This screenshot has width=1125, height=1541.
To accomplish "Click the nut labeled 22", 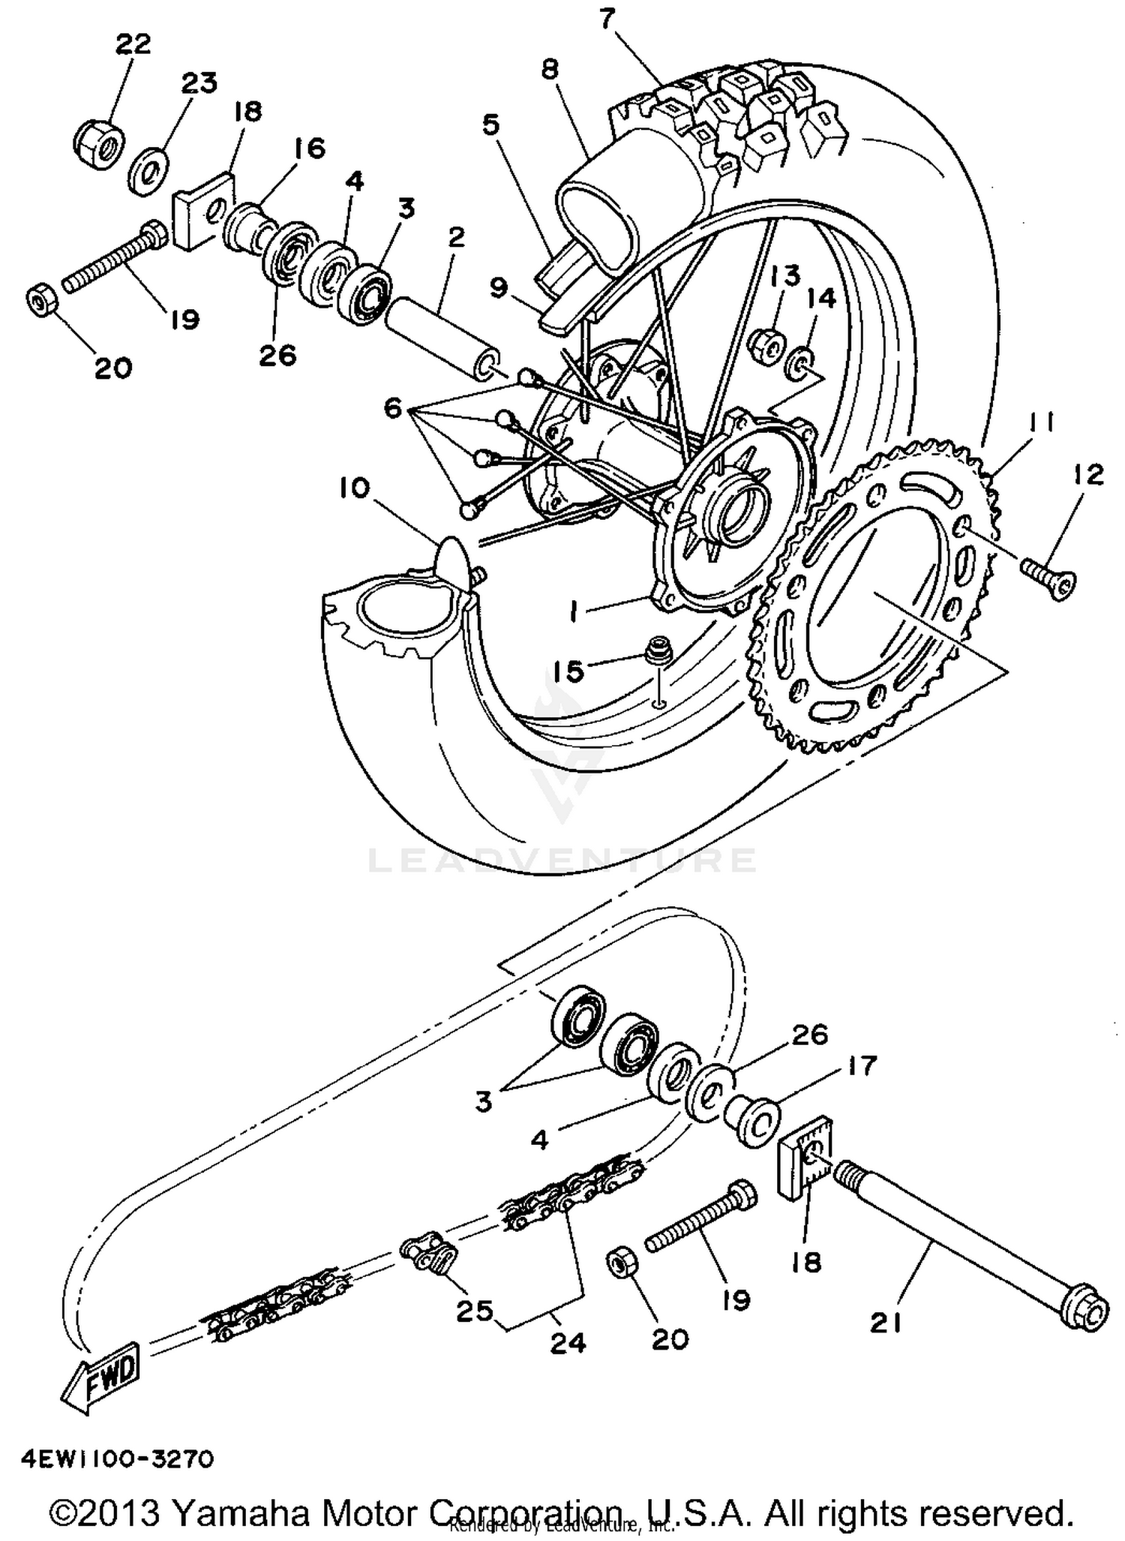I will point(99,142).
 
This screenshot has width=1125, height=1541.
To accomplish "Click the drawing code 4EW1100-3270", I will point(118,1459).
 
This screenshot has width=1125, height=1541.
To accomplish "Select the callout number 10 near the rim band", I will point(354,488).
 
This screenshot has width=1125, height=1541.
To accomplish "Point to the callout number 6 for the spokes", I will point(394,409).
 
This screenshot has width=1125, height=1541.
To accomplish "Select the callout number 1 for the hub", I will point(573,614).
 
